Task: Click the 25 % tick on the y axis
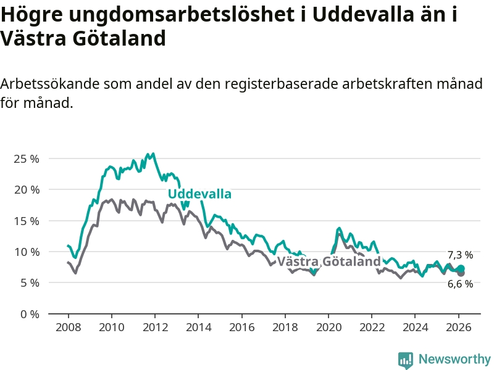[x=26, y=158]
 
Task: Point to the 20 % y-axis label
[x=26, y=189]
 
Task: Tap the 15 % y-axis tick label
[x=26, y=221]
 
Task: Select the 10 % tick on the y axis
[x=26, y=252]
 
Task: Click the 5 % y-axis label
[x=28, y=282]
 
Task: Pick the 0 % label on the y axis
[x=28, y=314]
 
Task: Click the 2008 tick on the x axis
[x=67, y=326]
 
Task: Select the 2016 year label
[x=241, y=326]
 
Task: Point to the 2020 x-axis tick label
[x=329, y=326]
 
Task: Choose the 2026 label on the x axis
[x=459, y=326]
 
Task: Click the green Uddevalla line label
[x=199, y=194]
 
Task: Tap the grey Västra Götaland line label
[x=329, y=261]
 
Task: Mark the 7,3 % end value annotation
[x=460, y=255]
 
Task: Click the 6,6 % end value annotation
[x=460, y=284]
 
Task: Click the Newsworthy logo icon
[x=406, y=360]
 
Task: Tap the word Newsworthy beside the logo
[x=454, y=359]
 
